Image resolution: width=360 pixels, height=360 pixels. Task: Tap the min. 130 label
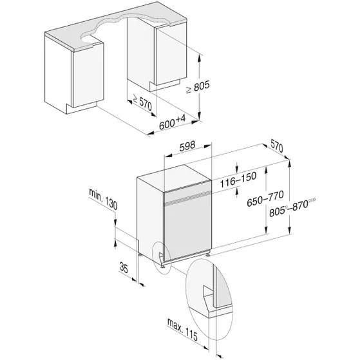(x=104, y=198)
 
